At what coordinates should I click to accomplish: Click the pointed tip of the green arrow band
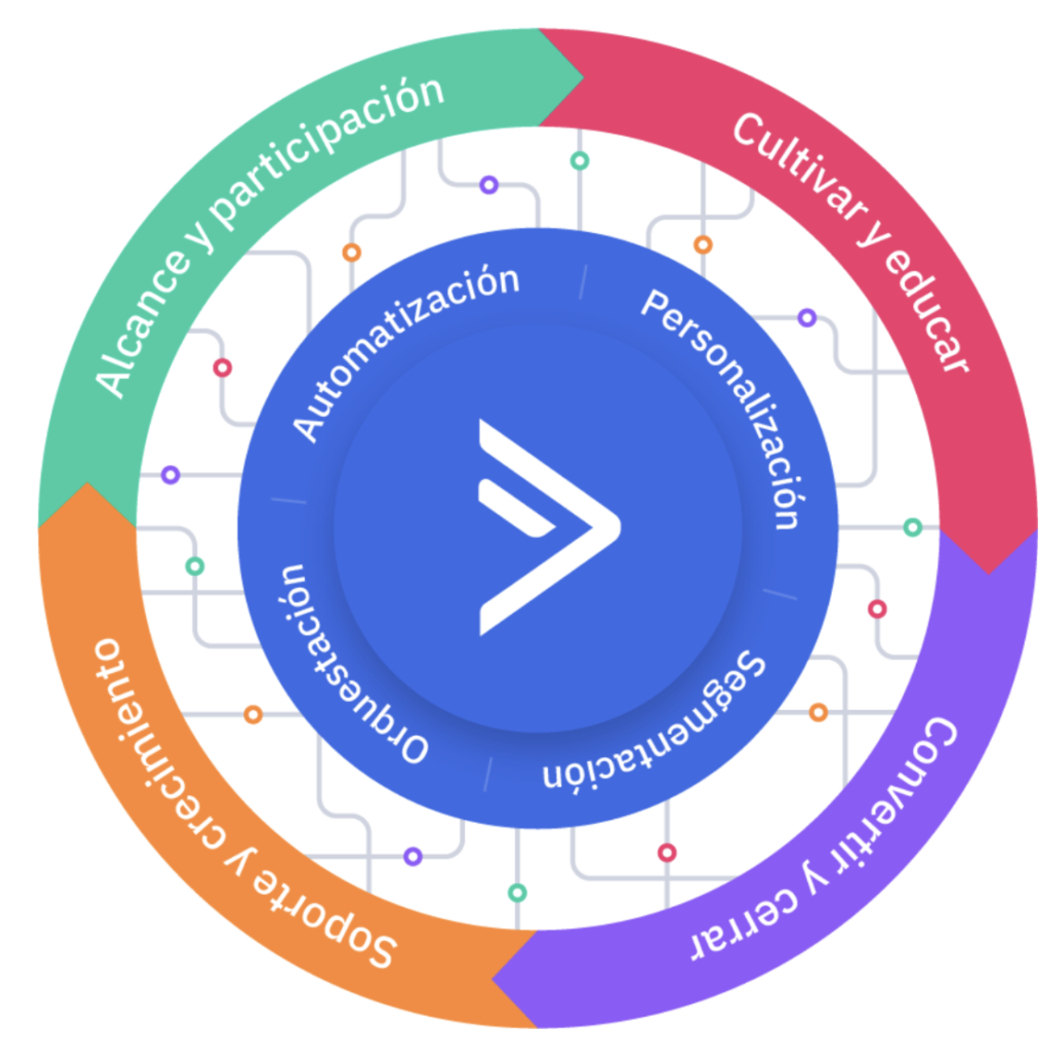[x=583, y=78]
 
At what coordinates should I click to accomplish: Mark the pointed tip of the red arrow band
[x=989, y=572]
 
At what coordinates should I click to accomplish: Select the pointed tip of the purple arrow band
[x=493, y=979]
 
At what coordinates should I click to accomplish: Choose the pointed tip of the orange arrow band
[x=87, y=484]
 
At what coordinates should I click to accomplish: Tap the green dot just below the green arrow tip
[x=579, y=161]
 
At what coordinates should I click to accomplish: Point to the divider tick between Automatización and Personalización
[x=582, y=282]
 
